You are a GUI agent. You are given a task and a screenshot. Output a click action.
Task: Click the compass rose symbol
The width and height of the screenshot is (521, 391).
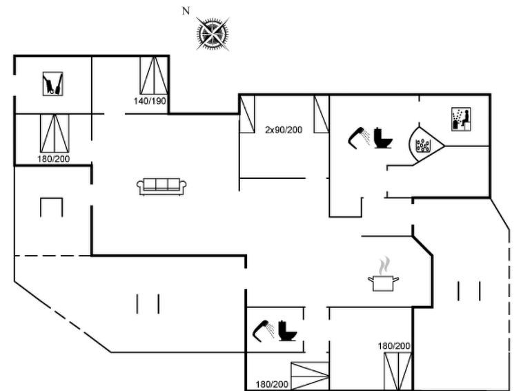pyautogui.click(x=213, y=34)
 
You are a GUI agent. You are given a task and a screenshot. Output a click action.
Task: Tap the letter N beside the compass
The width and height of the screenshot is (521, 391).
pyautogui.click(x=186, y=11)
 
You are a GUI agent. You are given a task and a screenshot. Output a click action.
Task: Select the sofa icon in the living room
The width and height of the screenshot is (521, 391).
pyautogui.click(x=161, y=187)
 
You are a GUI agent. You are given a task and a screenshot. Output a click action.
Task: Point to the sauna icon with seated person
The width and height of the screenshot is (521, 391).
pyautogui.click(x=461, y=119)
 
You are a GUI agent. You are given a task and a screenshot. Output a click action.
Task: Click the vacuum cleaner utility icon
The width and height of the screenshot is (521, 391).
pyautogui.click(x=53, y=84)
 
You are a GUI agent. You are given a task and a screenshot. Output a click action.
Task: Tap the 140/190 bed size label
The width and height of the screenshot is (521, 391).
pyautogui.click(x=150, y=101)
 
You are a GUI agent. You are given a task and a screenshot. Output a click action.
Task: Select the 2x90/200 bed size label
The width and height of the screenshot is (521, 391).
pyautogui.click(x=284, y=130)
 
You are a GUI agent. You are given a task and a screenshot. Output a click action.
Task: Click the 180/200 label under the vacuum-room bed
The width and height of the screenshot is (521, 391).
pyautogui.click(x=54, y=159)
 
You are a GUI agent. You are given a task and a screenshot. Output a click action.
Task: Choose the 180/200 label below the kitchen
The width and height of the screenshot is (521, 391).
pyautogui.click(x=394, y=346)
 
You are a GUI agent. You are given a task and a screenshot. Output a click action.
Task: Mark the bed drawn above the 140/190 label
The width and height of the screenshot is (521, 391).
pyautogui.click(x=154, y=75)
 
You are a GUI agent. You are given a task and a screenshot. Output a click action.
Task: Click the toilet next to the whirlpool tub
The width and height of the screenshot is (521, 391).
pyautogui.click(x=383, y=137)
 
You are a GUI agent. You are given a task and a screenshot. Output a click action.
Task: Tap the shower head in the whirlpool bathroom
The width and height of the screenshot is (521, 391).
pyautogui.click(x=359, y=136)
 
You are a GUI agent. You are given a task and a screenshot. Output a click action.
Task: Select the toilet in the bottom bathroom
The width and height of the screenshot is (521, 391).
pyautogui.click(x=288, y=330)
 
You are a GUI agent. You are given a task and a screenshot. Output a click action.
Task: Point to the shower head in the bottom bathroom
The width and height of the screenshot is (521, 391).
pyautogui.click(x=264, y=330)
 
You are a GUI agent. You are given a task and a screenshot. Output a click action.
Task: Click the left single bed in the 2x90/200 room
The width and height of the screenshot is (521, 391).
pyautogui.click(x=247, y=114)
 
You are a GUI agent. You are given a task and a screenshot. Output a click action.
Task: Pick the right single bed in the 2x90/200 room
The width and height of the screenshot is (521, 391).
pyautogui.click(x=322, y=114)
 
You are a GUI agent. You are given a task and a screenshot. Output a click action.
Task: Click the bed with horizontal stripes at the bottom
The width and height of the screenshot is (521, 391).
pyautogui.click(x=310, y=376)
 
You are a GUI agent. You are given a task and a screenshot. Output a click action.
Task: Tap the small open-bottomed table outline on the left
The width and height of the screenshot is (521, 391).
pyautogui.click(x=52, y=207)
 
